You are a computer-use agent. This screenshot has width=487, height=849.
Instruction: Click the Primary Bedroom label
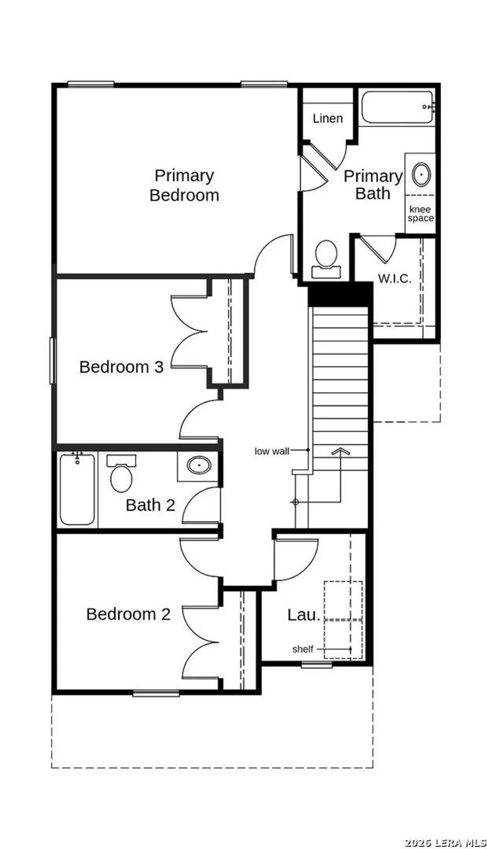[184, 185]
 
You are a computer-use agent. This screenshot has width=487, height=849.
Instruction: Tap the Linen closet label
[328, 118]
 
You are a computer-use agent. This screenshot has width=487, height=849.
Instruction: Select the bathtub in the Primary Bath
[397, 107]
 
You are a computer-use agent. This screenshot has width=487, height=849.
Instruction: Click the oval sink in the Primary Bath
[421, 175]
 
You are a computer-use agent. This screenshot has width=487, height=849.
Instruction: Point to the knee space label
[420, 214]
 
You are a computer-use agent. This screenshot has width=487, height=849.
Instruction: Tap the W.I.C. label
[395, 278]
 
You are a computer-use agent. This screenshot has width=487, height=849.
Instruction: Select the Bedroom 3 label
[121, 367]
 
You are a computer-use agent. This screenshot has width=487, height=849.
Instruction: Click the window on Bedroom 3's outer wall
[53, 361]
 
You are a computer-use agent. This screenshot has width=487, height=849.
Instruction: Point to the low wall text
[272, 451]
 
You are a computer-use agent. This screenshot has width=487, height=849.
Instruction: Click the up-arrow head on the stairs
[340, 452]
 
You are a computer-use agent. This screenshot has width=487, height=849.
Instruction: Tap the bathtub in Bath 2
[77, 489]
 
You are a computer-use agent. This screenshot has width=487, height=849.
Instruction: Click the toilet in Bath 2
[121, 476]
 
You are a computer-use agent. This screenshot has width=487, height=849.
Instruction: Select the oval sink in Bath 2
[199, 465]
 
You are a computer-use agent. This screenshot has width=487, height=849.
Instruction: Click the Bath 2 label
[150, 505]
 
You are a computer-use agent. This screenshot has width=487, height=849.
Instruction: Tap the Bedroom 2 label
[128, 614]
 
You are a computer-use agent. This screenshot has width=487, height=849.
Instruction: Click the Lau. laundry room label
[303, 615]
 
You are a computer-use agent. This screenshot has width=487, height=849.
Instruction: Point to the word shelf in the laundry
[302, 649]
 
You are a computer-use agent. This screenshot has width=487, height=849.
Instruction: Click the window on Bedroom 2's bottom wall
[156, 693]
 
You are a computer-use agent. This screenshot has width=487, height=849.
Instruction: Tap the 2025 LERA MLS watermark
[445, 843]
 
